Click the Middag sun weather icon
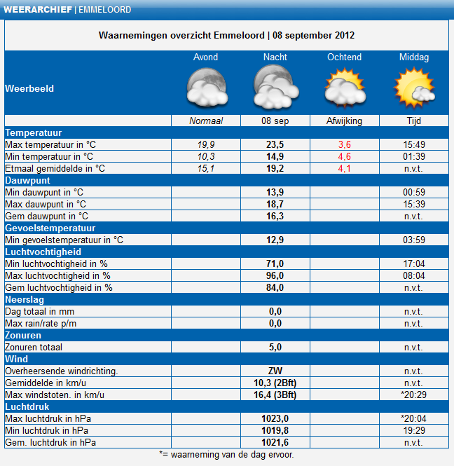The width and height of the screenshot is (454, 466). click(x=414, y=88)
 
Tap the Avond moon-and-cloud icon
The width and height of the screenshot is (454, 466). click(x=207, y=87)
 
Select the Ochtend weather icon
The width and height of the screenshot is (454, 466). click(x=345, y=88)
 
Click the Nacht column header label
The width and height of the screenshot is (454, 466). click(x=275, y=57)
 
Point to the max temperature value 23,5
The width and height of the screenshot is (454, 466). click(x=275, y=145)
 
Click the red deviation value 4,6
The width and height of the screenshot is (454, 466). click(x=345, y=157)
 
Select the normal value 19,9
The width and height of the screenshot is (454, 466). click(x=206, y=145)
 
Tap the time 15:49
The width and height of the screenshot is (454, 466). click(x=414, y=145)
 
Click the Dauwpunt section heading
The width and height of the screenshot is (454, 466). click(x=27, y=180)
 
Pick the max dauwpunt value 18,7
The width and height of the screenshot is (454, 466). click(x=275, y=204)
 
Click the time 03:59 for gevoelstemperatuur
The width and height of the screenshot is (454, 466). click(x=414, y=240)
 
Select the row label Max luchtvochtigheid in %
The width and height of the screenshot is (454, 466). click(x=58, y=276)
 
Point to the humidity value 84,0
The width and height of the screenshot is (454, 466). click(x=275, y=288)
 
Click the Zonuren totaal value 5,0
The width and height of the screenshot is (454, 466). click(x=275, y=347)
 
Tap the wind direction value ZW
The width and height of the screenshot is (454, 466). click(x=275, y=371)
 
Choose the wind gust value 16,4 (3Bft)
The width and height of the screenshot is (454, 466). click(x=275, y=395)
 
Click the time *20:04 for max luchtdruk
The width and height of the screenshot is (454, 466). click(x=413, y=419)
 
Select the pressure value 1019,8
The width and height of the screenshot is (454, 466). click(x=275, y=431)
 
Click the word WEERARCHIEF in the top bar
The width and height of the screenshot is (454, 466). click(x=38, y=10)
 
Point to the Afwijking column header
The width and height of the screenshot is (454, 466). click(x=345, y=121)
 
